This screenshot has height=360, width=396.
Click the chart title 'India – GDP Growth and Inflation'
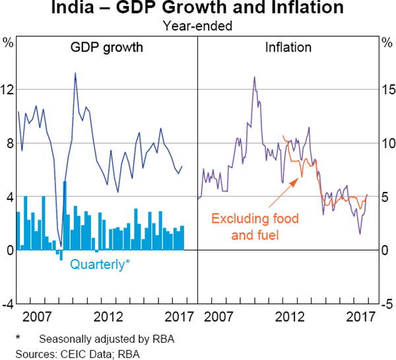[x=198, y=9]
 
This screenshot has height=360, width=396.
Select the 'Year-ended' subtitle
[x=198, y=26]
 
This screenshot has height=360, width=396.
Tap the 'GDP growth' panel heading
[x=107, y=47]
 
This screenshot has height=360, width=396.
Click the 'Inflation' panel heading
[x=288, y=47]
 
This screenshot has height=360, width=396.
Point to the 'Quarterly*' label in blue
[x=100, y=264]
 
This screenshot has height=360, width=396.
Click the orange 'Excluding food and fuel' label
[x=253, y=226]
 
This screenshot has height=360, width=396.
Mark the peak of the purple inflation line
[x=254, y=77]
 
